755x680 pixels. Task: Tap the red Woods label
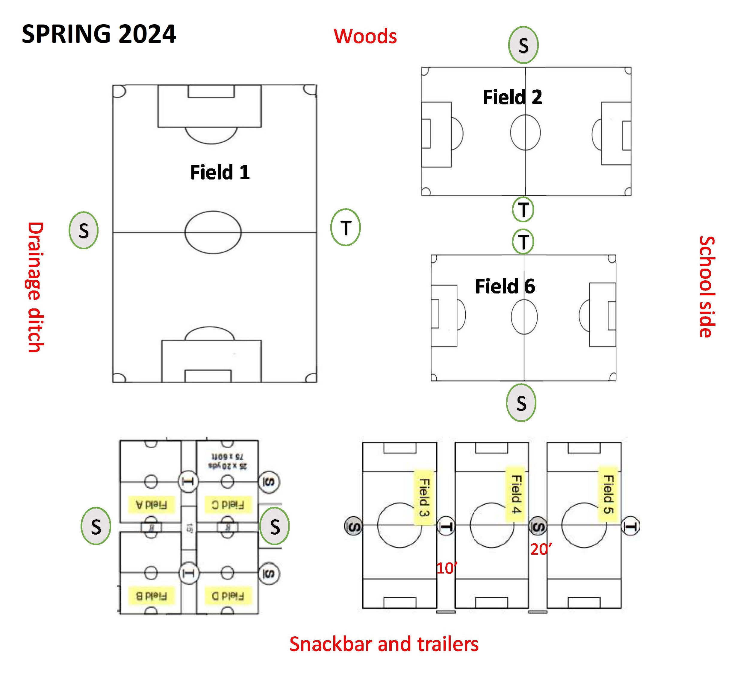tap(365, 36)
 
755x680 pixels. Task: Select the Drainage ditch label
tap(36, 287)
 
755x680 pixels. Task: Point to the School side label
tap(707, 287)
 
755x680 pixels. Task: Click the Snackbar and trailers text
tap(384, 644)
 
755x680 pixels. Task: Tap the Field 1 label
tap(220, 173)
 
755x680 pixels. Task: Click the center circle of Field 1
tap(213, 232)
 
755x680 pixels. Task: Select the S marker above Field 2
tap(523, 45)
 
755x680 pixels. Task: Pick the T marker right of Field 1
tap(346, 228)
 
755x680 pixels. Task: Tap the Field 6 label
tap(505, 287)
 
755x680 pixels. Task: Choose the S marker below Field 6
tap(521, 403)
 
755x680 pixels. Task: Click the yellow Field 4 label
tap(516, 494)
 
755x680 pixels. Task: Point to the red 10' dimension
tap(447, 568)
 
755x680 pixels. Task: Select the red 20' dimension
tap(540, 549)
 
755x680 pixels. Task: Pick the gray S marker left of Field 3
tap(353, 527)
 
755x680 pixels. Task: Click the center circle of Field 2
tap(525, 133)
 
